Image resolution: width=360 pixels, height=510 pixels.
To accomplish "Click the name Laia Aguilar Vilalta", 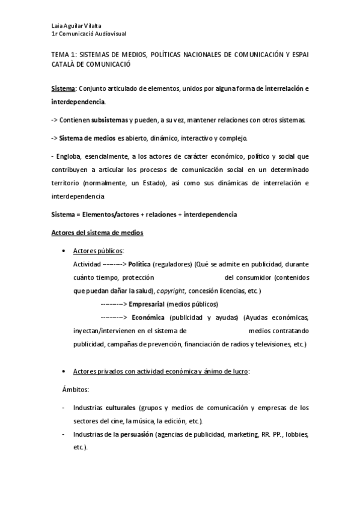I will (76, 25).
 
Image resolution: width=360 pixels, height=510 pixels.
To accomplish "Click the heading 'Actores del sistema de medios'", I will (96, 233).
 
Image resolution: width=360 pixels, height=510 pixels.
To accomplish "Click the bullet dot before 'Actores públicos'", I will (64, 250).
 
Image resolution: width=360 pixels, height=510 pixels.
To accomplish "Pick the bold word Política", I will (139, 264).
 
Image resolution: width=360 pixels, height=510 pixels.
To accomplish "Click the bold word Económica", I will (147, 317).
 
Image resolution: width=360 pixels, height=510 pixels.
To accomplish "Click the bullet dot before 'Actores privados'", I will (64, 372).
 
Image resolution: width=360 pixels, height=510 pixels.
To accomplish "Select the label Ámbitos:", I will (75, 389).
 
